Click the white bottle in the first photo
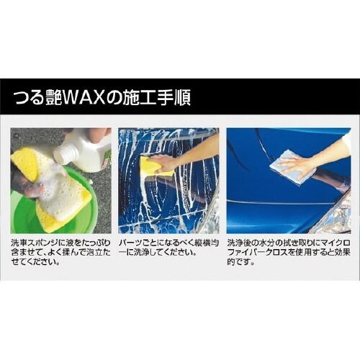[80, 152]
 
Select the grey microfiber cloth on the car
[292, 167]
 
